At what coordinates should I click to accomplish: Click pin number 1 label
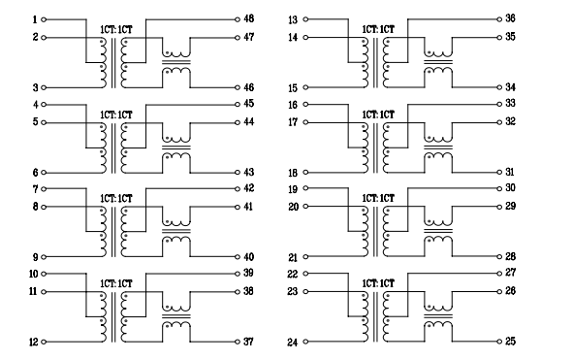pos(34,19)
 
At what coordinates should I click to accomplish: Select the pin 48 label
pos(249,19)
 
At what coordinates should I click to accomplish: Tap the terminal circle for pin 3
pos(45,87)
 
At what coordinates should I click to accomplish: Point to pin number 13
pos(294,19)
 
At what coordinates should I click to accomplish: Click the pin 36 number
pos(510,19)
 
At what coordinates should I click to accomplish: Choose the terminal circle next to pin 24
pos(306,342)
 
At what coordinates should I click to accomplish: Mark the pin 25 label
pos(510,342)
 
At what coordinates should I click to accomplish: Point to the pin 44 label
pos(249,122)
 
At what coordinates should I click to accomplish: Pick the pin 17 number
pos(294,122)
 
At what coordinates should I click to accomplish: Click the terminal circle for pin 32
pos(499,122)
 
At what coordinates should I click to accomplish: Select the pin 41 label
pos(249,207)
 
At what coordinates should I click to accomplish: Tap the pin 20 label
pos(294,207)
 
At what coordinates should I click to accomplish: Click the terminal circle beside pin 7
pos(45,188)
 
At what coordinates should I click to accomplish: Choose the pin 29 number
pos(510,207)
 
